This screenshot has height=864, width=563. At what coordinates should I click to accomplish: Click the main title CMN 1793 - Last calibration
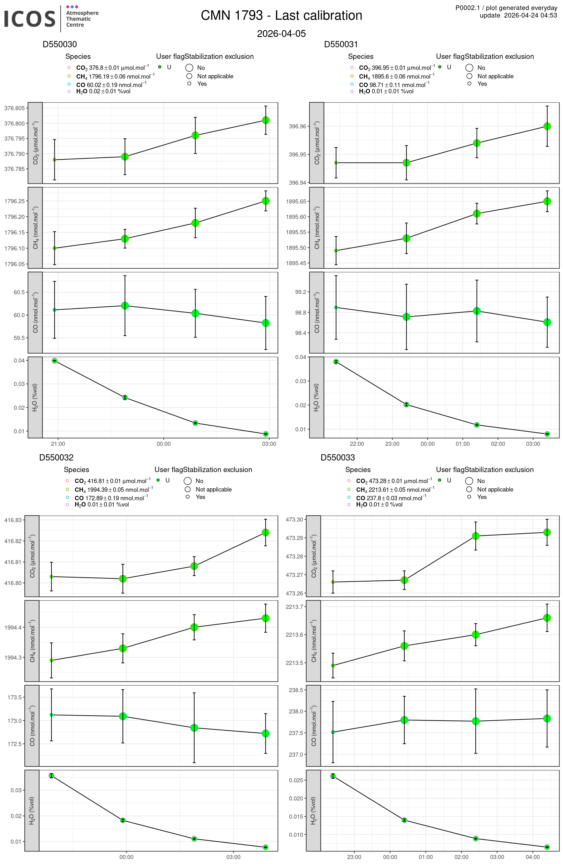click(x=281, y=16)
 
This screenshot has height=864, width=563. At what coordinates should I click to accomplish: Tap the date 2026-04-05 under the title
click(x=281, y=34)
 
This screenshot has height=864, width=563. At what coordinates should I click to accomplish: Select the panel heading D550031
click(x=341, y=44)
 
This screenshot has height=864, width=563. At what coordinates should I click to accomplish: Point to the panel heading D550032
click(x=56, y=457)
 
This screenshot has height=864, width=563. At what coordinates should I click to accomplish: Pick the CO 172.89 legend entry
click(x=111, y=498)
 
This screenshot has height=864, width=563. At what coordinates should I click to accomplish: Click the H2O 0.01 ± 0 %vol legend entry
click(x=379, y=504)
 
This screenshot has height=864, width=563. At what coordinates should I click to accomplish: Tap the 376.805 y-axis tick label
click(x=14, y=108)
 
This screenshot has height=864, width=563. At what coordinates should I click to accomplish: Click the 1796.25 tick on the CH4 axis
click(x=14, y=201)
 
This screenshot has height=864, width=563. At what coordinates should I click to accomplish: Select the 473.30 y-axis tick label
click(x=294, y=519)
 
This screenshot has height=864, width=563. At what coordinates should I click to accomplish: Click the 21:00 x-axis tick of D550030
click(x=58, y=444)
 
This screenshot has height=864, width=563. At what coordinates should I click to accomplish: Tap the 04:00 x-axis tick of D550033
click(x=533, y=857)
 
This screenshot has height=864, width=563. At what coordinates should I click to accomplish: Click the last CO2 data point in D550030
click(x=266, y=120)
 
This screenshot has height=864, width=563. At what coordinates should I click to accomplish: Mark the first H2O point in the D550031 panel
click(x=336, y=362)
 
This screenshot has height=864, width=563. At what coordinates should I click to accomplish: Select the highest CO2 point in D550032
click(x=266, y=532)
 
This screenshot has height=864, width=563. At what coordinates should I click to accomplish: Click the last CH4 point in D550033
click(x=547, y=618)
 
